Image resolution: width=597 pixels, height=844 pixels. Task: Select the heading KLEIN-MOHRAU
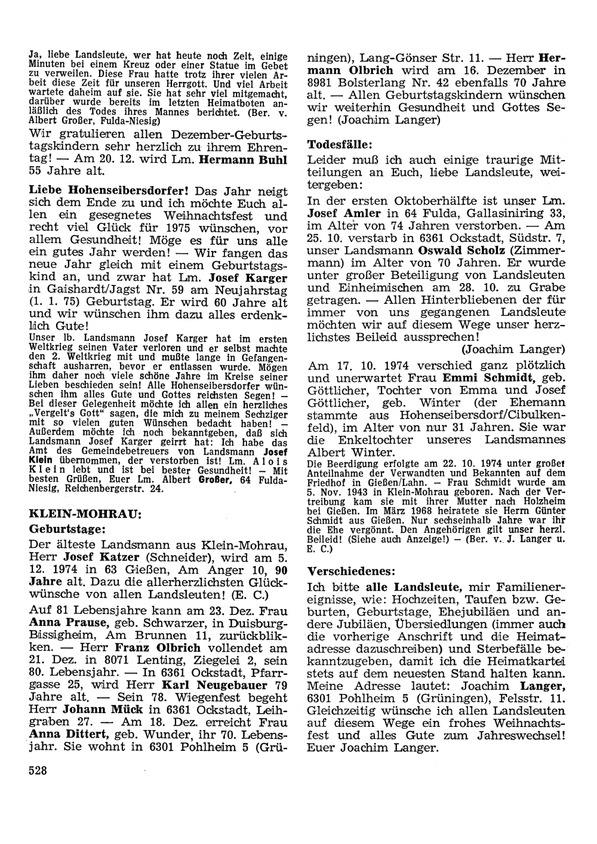[x=85, y=513]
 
